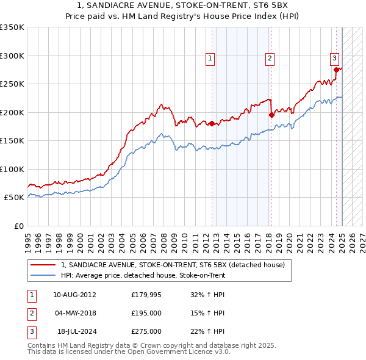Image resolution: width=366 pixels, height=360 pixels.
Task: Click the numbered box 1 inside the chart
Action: click(210, 59)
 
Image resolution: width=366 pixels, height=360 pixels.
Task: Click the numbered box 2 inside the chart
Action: click(269, 59)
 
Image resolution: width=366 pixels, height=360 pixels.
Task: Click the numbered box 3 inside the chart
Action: click(335, 59)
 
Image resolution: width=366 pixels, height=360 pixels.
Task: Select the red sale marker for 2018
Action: click(271, 115)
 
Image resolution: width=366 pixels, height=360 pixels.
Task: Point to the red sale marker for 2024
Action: click(336, 70)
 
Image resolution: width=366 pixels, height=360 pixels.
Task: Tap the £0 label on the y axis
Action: click(18, 226)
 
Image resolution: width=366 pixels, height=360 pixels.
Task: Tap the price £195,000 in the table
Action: click(146, 314)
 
